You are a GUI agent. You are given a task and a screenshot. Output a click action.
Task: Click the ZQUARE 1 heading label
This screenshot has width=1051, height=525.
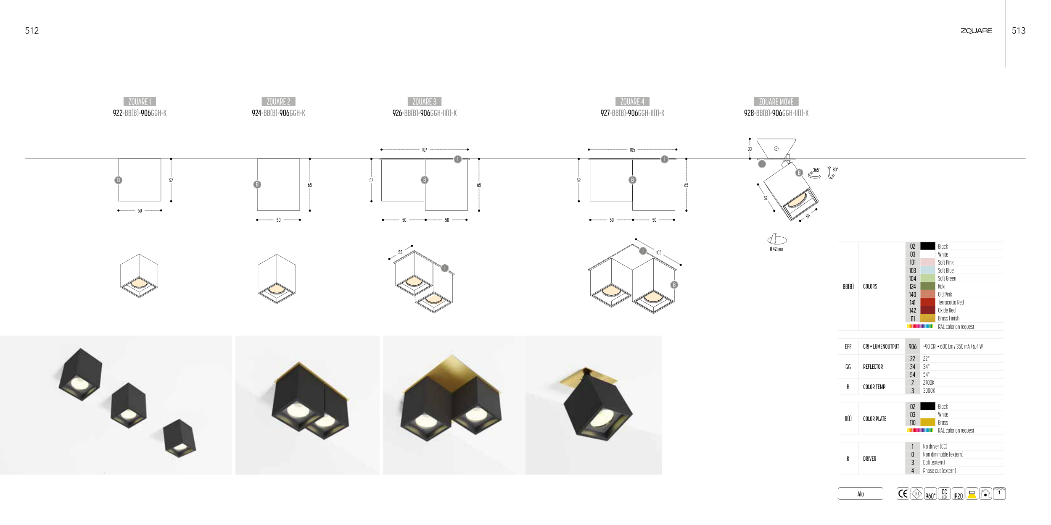point(140,102)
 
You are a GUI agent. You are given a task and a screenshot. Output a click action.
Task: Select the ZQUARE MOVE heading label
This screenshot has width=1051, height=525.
point(776,102)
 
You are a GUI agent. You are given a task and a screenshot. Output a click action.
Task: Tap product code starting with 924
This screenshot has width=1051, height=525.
point(278,113)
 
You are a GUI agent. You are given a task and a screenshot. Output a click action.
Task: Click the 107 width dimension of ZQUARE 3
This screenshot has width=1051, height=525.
point(425,150)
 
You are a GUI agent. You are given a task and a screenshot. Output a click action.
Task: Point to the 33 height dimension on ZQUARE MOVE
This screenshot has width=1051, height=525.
point(750,149)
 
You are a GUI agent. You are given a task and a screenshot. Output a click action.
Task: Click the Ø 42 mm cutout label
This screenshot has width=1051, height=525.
point(776,249)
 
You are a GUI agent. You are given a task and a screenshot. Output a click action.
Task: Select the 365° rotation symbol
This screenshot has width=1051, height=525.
point(814,173)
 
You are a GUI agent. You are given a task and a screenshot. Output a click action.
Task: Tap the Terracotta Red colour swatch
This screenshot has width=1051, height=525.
point(927,302)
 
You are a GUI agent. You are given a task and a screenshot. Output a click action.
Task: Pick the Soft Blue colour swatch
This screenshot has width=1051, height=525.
point(927,270)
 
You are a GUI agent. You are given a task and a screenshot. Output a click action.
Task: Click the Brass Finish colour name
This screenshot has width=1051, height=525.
point(948,318)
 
